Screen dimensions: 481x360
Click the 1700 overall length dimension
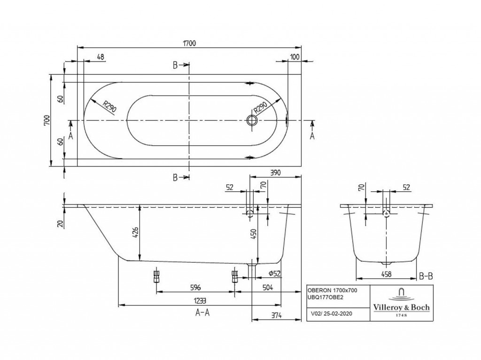189,43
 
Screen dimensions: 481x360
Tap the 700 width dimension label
47,120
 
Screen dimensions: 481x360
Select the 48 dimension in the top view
101,57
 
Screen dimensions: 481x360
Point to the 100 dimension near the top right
295,57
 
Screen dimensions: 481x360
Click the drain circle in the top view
252,120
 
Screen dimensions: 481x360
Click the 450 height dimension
254,235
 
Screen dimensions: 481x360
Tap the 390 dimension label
275,173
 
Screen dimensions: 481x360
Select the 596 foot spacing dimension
196,287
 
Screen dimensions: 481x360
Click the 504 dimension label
267,287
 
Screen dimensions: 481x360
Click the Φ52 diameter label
274,273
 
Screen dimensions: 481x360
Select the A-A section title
202,313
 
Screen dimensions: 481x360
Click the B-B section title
426,276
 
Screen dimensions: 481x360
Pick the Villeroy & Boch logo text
401,307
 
